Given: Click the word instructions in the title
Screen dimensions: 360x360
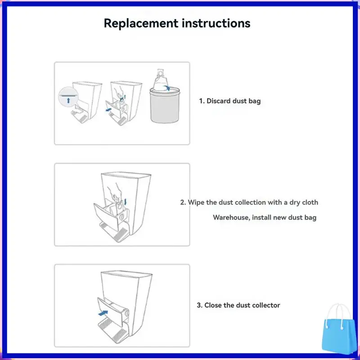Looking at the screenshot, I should (x=216, y=23).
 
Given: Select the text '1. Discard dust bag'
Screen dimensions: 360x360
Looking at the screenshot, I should (x=230, y=101).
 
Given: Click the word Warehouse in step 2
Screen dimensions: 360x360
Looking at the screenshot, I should (x=230, y=218).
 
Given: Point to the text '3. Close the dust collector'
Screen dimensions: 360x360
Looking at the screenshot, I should (x=238, y=305).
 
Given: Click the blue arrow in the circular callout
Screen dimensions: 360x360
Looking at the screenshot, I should (x=68, y=100).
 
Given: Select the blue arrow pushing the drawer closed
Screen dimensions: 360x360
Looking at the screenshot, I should (x=103, y=311).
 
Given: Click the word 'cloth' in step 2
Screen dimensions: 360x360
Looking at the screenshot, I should (x=310, y=202).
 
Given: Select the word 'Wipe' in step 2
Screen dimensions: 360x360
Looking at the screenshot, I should (x=197, y=202).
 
